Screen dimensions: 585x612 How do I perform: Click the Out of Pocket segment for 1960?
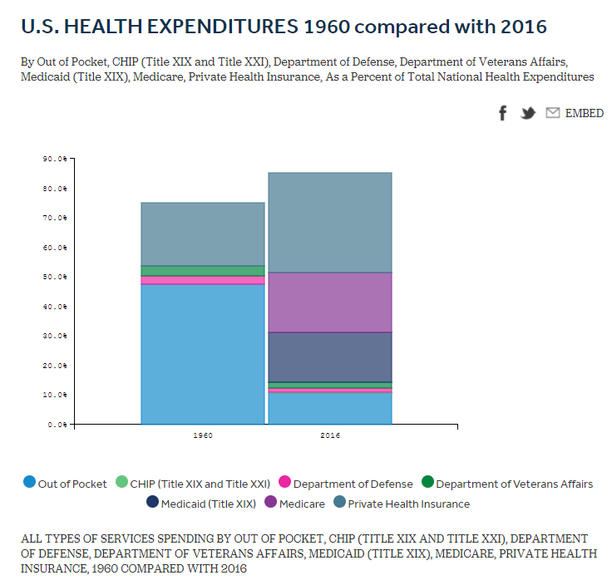point(203,354)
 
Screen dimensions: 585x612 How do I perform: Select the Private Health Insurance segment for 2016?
point(330,222)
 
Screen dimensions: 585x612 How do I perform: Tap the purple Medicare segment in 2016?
point(330,302)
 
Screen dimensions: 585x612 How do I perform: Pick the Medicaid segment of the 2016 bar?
point(330,356)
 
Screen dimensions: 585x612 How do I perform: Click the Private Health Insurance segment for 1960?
point(203,234)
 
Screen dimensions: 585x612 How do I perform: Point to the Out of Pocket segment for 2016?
point(330,408)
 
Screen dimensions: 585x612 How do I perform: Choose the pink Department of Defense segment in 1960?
point(203,280)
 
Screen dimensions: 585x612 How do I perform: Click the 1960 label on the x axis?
point(202,435)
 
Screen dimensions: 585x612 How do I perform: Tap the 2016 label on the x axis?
point(329,435)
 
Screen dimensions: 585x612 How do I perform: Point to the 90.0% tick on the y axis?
point(56,159)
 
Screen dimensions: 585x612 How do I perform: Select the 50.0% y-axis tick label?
point(56,277)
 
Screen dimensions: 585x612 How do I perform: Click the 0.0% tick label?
point(57,425)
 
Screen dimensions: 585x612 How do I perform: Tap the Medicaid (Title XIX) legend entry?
point(200,503)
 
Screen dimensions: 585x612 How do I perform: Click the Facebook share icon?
point(502,113)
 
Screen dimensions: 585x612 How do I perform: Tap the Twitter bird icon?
point(527,113)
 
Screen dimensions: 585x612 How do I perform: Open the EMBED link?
point(584,113)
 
